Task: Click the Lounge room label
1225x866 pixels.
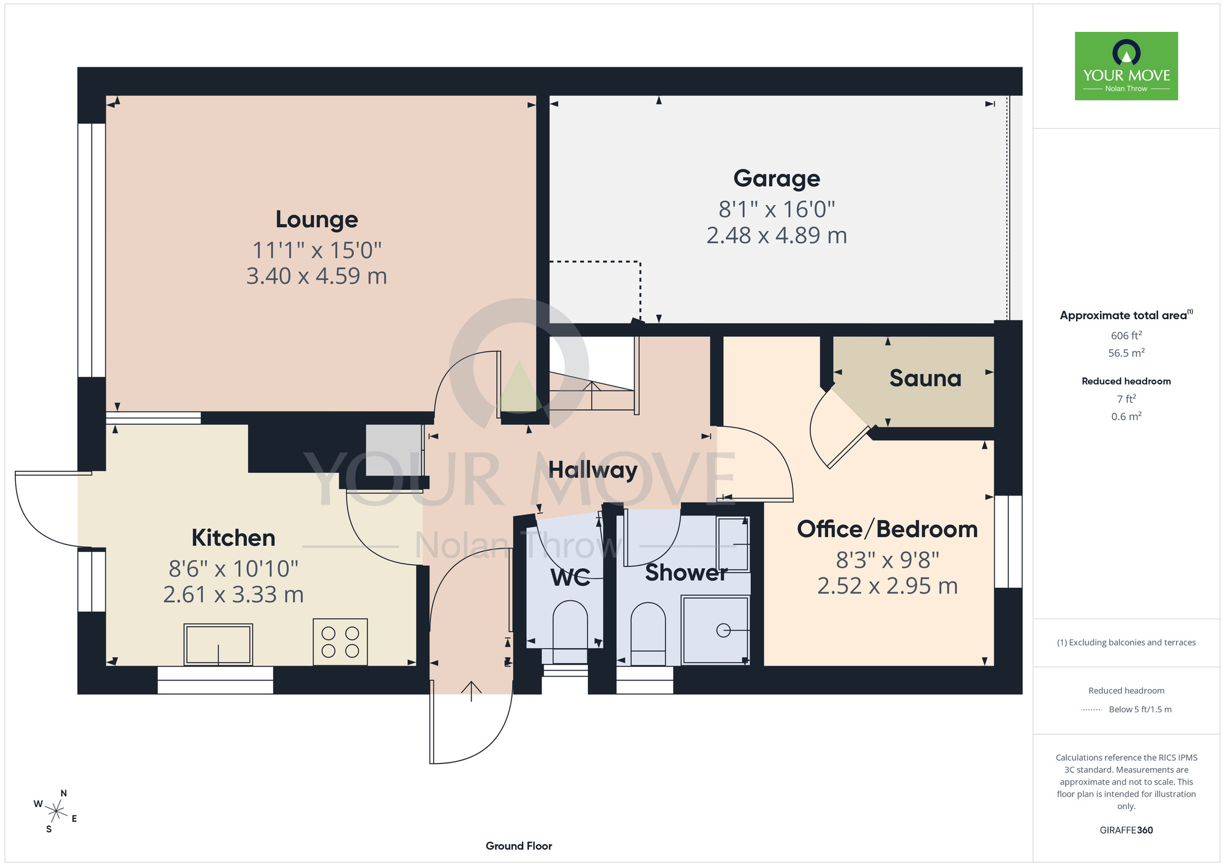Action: [317, 219]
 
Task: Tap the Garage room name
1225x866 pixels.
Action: [777, 179]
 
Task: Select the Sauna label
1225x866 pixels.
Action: [925, 378]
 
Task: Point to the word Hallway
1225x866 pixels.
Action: [592, 470]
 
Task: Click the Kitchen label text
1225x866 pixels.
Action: [233, 538]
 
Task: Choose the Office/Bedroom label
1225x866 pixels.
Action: [888, 529]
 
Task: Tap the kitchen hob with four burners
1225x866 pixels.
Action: [340, 642]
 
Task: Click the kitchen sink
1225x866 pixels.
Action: [218, 644]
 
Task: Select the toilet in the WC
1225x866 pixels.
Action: [570, 631]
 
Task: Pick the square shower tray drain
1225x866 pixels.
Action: [723, 630]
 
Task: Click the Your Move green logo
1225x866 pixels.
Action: [1126, 66]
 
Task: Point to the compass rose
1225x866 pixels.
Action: [56, 812]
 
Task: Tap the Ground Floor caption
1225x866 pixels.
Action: [519, 846]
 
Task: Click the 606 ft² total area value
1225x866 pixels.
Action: [1126, 335]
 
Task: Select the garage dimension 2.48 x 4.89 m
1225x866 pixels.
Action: [777, 235]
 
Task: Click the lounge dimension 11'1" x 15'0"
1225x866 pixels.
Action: [317, 250]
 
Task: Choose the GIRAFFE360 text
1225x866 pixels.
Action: [1126, 830]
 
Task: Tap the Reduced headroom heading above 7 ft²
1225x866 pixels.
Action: [1126, 381]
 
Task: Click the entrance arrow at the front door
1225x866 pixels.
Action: [471, 691]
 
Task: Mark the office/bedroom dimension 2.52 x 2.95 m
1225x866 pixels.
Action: [888, 586]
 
